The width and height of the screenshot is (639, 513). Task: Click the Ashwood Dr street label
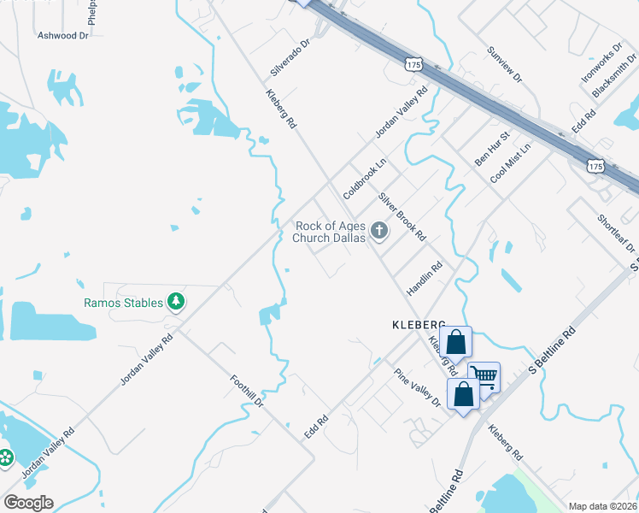pyautogui.click(x=63, y=36)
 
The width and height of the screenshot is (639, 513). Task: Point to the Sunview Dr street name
pyautogui.click(x=503, y=64)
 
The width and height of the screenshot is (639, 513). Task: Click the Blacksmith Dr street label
pyautogui.click(x=618, y=78)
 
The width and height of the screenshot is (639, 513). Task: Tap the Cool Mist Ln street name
pyautogui.click(x=510, y=162)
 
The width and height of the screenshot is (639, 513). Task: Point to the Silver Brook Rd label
pyautogui.click(x=402, y=215)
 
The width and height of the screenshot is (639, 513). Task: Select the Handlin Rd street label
pyautogui.click(x=424, y=279)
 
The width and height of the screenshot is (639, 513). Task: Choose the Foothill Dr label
pyautogui.click(x=249, y=394)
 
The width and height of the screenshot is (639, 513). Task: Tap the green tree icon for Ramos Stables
pyautogui.click(x=176, y=301)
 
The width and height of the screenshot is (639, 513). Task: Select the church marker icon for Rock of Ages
pyautogui.click(x=378, y=231)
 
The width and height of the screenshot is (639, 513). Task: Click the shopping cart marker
pyautogui.click(x=484, y=375)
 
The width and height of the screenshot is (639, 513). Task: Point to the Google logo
pyautogui.click(x=28, y=503)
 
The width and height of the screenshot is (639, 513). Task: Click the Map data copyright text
pyautogui.click(x=602, y=506)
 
